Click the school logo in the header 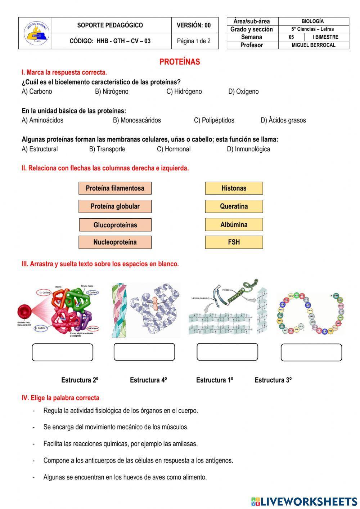[35, 33]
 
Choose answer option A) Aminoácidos [42, 120]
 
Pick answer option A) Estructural [40, 149]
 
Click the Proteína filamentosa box [115, 188]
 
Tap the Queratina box [234, 206]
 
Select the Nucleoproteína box [115, 242]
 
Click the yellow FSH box [234, 242]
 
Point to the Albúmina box [234, 225]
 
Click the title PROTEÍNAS [180, 62]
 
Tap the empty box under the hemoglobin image [62, 352]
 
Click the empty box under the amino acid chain [311, 352]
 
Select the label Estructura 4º [148, 380]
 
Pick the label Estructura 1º [215, 380]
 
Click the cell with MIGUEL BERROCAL [313, 45]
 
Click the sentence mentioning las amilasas [120, 444]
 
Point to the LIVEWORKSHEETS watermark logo [304, 501]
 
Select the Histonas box [234, 188]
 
